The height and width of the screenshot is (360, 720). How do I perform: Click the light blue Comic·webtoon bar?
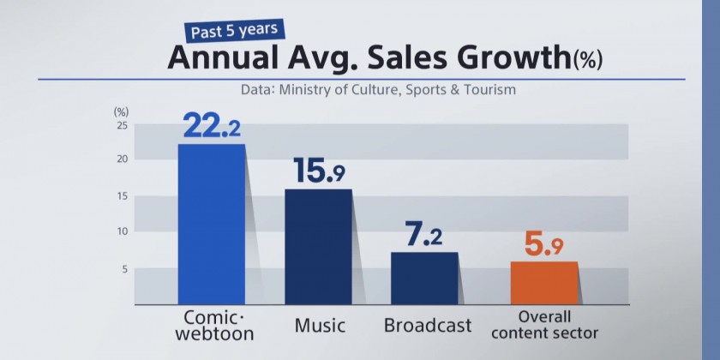211,224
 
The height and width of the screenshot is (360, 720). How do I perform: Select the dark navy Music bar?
318,246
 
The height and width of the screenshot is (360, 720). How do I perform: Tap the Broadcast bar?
424,278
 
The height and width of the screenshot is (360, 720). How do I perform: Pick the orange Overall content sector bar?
543,282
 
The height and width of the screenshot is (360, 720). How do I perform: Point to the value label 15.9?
319,171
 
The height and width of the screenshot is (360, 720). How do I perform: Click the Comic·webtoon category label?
213,327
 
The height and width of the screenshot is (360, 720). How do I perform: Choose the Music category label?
320,326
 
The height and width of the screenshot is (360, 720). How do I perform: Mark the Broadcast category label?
428,326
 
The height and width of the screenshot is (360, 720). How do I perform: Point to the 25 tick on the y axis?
122,124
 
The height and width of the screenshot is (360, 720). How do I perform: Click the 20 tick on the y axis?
122,159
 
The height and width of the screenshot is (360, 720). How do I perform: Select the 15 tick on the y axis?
122,196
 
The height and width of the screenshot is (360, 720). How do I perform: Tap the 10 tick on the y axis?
122,231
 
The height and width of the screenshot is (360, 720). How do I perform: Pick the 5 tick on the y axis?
124,269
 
